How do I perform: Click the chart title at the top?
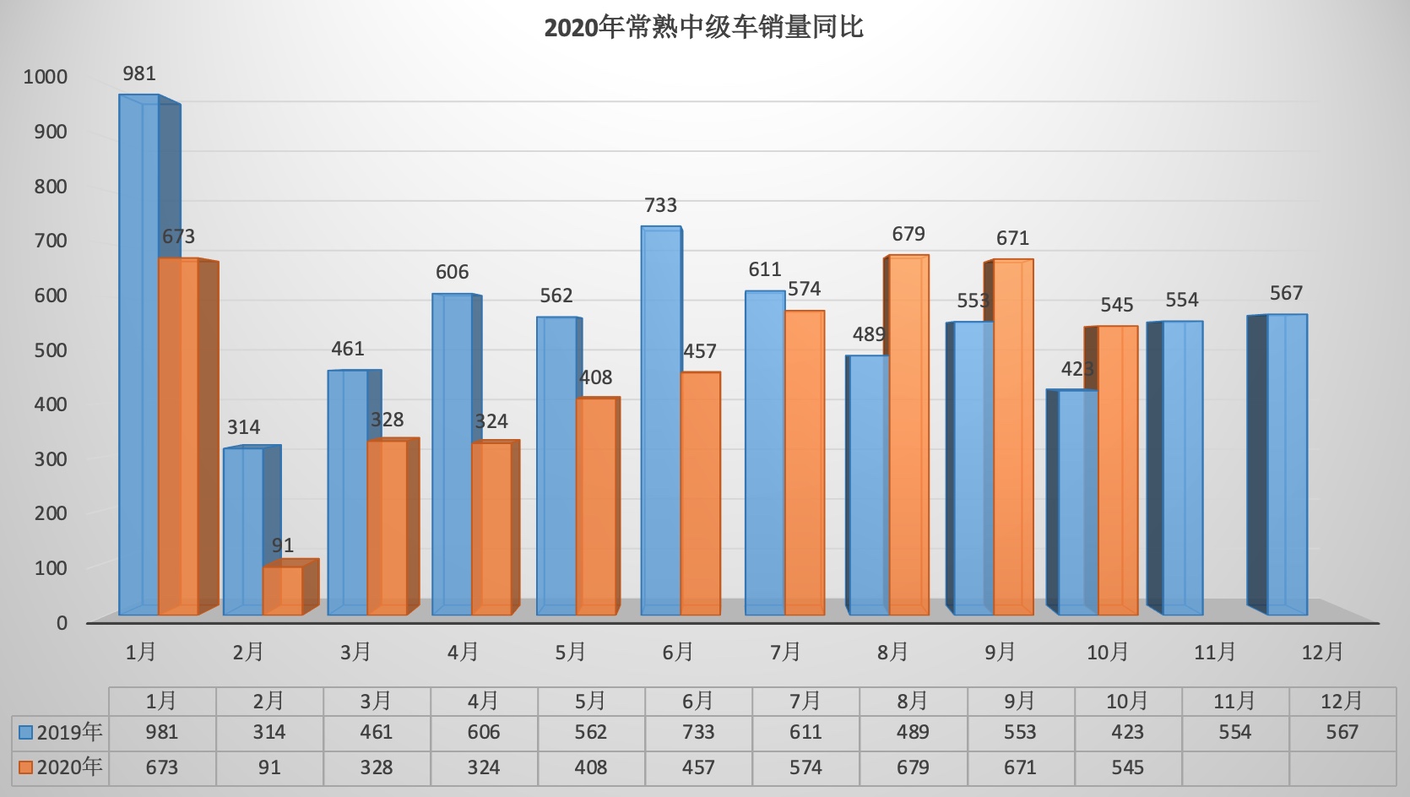pyautogui.click(x=703, y=28)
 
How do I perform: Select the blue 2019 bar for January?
pyautogui.click(x=139, y=355)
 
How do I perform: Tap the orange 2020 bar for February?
pyautogui.click(x=283, y=590)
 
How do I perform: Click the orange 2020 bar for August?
pyautogui.click(x=908, y=434)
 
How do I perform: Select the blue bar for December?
pyautogui.click(x=1287, y=464)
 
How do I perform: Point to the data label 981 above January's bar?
pyautogui.click(x=139, y=74)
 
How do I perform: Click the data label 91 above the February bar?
pyautogui.click(x=283, y=545)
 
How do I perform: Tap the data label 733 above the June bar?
pyautogui.click(x=660, y=205)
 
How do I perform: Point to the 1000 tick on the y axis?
pyautogui.click(x=46, y=77)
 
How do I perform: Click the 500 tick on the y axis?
pyautogui.click(x=51, y=350)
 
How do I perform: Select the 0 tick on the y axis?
pyautogui.click(x=62, y=623)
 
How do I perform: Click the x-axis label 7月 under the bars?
pyautogui.click(x=785, y=652)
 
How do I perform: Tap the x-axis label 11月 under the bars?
pyautogui.click(x=1215, y=652)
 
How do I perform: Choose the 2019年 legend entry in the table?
pyautogui.click(x=61, y=732)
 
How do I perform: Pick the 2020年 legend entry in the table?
pyautogui.click(x=61, y=767)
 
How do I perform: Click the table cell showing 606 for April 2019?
pyautogui.click(x=484, y=732)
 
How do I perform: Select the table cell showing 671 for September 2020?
pyautogui.click(x=1020, y=767)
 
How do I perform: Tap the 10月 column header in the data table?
pyautogui.click(x=1127, y=701)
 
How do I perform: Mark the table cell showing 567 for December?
pyautogui.click(x=1342, y=732)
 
